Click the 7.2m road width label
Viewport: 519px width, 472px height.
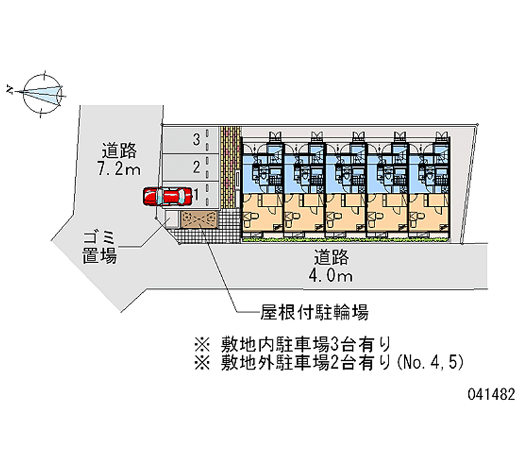coord(119,169)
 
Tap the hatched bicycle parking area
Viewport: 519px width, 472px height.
coord(199,219)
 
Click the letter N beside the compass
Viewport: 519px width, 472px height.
coord(10,90)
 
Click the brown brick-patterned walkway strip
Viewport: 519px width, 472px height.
coord(228,166)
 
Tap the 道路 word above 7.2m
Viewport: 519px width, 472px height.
coord(119,151)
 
